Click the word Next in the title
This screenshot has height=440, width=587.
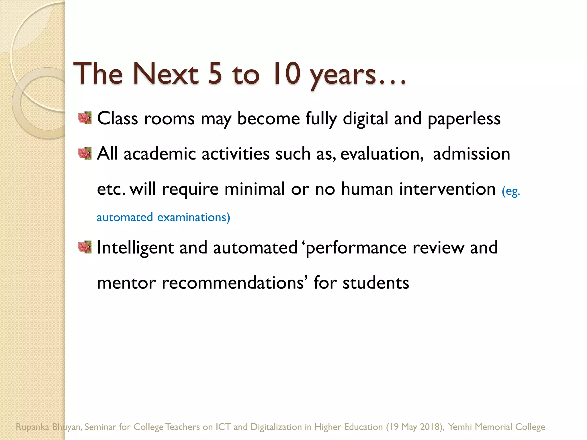(165, 74)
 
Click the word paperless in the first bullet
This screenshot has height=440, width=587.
(464, 119)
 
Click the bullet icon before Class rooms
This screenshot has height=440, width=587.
(85, 118)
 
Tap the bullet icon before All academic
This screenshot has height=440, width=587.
(85, 154)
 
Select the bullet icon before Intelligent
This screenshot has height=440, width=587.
(85, 247)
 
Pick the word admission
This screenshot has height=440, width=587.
(471, 154)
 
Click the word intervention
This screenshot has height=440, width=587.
(447, 189)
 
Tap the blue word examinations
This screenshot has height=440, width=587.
(193, 217)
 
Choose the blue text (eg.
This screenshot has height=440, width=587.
(511, 191)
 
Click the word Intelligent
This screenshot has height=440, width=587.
(135, 247)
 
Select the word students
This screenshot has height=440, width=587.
(376, 283)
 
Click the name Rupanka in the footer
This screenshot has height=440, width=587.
(32, 427)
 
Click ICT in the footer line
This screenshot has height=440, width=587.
(223, 427)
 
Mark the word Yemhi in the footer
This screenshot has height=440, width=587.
(460, 427)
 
